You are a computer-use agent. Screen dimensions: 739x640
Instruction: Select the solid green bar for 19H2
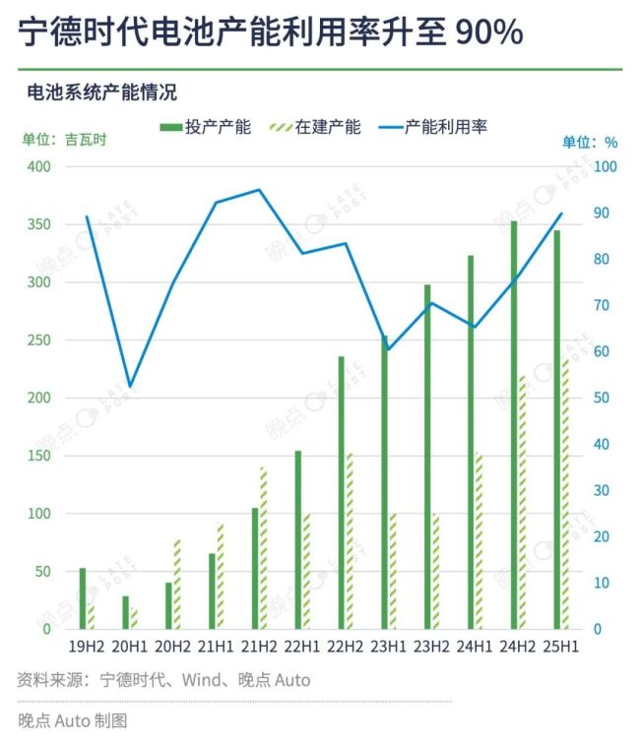[83, 598]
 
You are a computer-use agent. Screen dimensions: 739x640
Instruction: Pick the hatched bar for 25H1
[565, 493]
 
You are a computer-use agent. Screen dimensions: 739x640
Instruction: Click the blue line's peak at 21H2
[259, 190]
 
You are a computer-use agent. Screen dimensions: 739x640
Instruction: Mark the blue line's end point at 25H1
[561, 214]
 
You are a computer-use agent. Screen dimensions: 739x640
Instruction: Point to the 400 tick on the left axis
[38, 167]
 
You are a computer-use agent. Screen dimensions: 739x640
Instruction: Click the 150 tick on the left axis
[38, 456]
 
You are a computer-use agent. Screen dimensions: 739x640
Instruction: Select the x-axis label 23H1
[388, 647]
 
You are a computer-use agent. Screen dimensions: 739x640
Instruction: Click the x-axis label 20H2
[172, 647]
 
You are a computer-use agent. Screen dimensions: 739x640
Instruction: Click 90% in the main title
[488, 32]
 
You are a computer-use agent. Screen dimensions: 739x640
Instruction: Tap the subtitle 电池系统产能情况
[101, 92]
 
